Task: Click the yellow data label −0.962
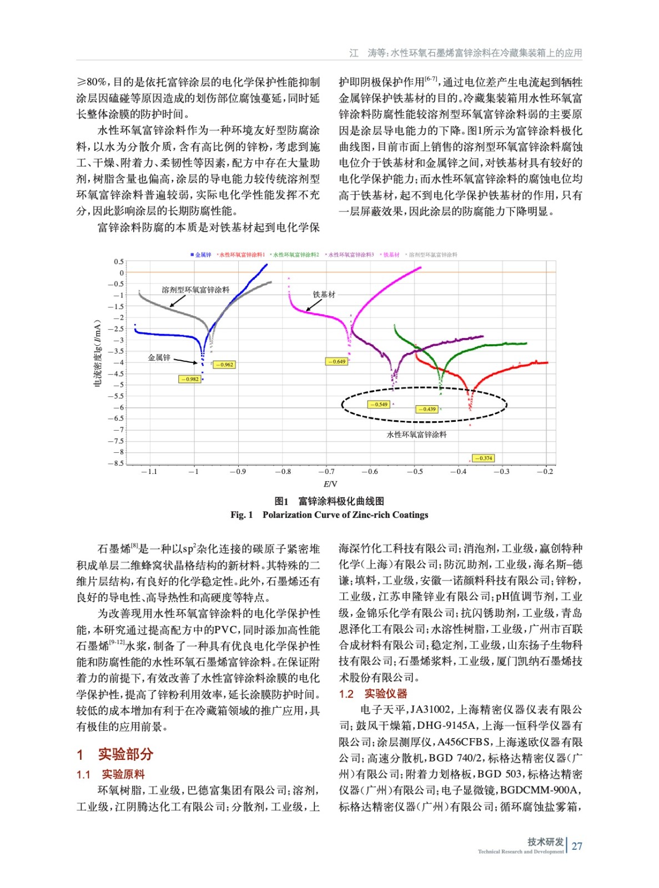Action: click(x=224, y=365)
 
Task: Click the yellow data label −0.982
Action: click(x=190, y=379)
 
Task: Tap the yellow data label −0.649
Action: click(x=336, y=361)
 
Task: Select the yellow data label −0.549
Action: click(x=379, y=404)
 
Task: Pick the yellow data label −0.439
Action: click(x=426, y=409)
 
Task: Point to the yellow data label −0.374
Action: click(x=484, y=458)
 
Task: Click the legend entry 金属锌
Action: click(x=201, y=255)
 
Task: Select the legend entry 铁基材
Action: click(x=390, y=255)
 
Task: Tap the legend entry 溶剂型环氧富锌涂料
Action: click(x=432, y=255)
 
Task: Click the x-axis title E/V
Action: click(x=330, y=484)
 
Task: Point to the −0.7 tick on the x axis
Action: click(x=326, y=472)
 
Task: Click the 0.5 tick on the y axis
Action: click(x=119, y=261)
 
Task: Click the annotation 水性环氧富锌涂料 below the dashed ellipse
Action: click(x=416, y=435)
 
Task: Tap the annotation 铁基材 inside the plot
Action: click(x=324, y=294)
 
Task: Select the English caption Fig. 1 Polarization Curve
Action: click(x=329, y=515)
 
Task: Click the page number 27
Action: click(x=577, y=846)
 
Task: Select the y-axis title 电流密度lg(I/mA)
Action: click(x=98, y=353)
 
